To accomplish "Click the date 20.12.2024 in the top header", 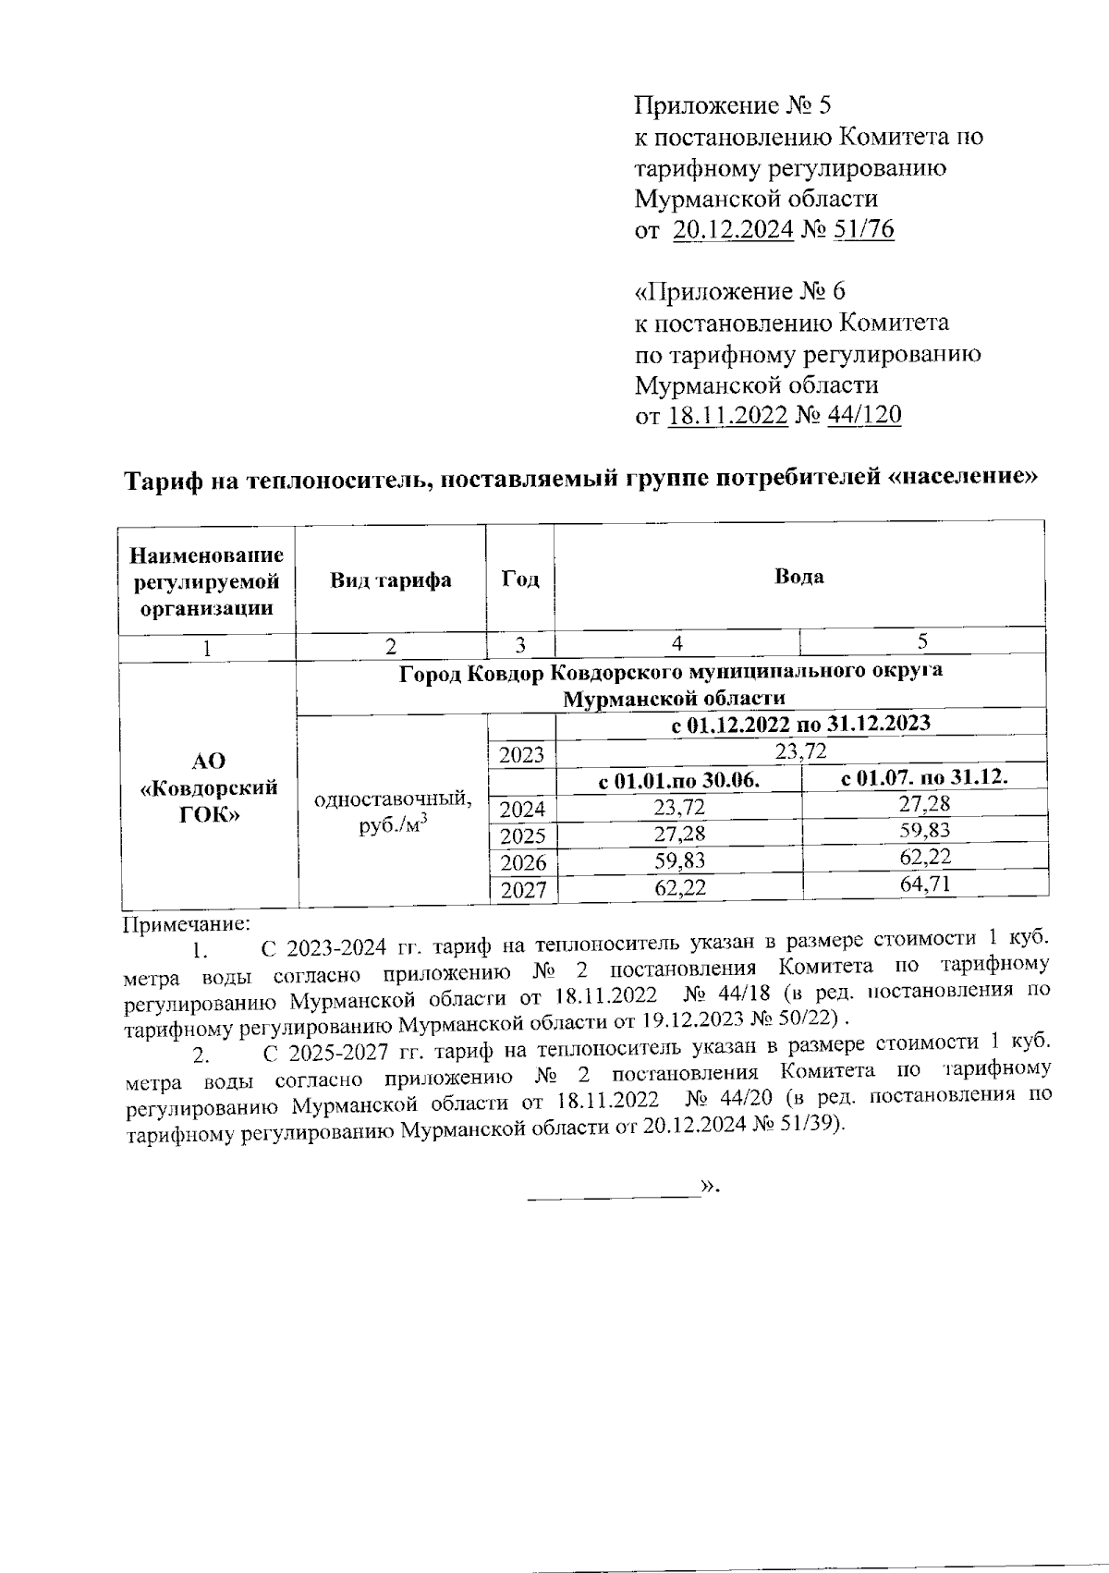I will tap(733, 229).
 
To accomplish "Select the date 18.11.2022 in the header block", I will tap(726, 415).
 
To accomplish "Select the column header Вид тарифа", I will tap(391, 580).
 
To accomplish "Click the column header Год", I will tap(520, 579).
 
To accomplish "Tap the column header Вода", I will tap(799, 577).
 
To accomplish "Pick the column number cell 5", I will tap(923, 642).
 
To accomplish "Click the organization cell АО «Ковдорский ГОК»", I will tap(209, 787).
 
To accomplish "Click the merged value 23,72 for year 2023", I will tap(800, 753).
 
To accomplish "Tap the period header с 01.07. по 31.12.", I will tap(924, 778).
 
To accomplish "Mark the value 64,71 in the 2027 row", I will tap(924, 884).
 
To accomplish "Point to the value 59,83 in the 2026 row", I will tap(679, 862).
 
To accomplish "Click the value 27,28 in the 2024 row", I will tap(924, 804).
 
